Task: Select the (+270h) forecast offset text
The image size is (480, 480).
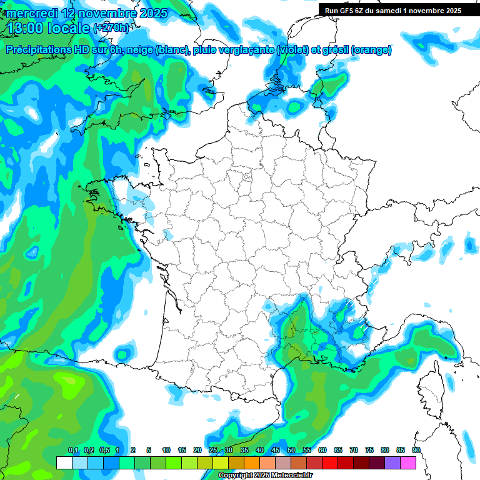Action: click(x=112, y=28)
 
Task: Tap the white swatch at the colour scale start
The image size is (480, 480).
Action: click(x=64, y=463)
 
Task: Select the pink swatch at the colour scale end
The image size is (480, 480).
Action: click(x=408, y=463)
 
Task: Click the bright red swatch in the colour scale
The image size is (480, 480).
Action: click(x=330, y=463)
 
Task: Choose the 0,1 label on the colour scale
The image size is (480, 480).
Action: click(x=72, y=451)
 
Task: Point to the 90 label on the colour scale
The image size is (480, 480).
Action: click(x=416, y=451)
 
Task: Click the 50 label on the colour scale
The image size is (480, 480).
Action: click(x=291, y=451)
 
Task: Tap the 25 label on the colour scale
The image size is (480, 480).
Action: click(x=213, y=451)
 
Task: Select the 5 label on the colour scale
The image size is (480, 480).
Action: click(x=149, y=451)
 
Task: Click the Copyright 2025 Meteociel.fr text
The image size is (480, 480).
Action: click(x=265, y=476)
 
